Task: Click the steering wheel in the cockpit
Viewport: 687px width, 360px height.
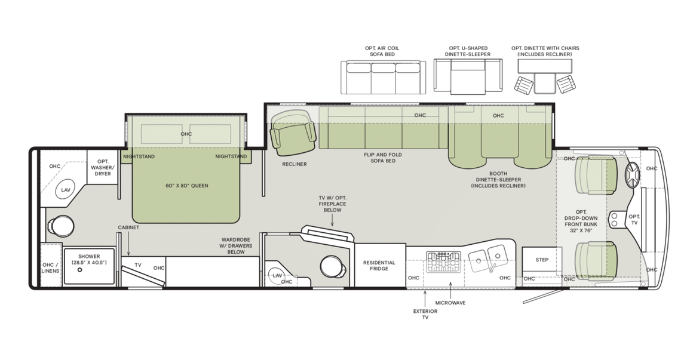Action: (632, 174)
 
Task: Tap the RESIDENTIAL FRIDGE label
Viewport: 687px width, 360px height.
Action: (379, 266)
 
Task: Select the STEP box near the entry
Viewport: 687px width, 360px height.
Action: (542, 260)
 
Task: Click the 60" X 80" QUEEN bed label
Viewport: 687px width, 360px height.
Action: (187, 186)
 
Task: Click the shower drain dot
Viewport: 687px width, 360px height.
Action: (79, 270)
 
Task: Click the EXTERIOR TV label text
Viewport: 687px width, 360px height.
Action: (425, 314)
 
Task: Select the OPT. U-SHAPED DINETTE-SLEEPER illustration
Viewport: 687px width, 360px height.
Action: (467, 77)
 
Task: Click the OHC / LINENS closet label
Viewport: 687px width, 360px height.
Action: (50, 268)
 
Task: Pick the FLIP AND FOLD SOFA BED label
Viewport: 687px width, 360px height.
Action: (383, 157)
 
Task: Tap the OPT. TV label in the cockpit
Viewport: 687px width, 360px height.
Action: (634, 220)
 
